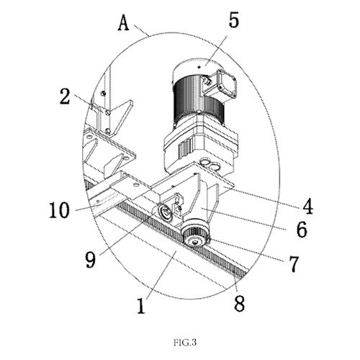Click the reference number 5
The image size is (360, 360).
pyautogui.click(x=233, y=19)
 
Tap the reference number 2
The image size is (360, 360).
pyautogui.click(x=65, y=96)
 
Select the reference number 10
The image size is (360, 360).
pyautogui.click(x=59, y=210)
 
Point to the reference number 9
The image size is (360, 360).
pyautogui.click(x=91, y=260)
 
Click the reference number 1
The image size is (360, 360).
pyautogui.click(x=142, y=305)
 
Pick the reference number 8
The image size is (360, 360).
pyautogui.click(x=239, y=303)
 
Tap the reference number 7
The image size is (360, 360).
pyautogui.click(x=294, y=264)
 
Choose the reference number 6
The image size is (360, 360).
pyautogui.click(x=302, y=229)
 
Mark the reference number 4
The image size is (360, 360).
pyautogui.click(x=307, y=206)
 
